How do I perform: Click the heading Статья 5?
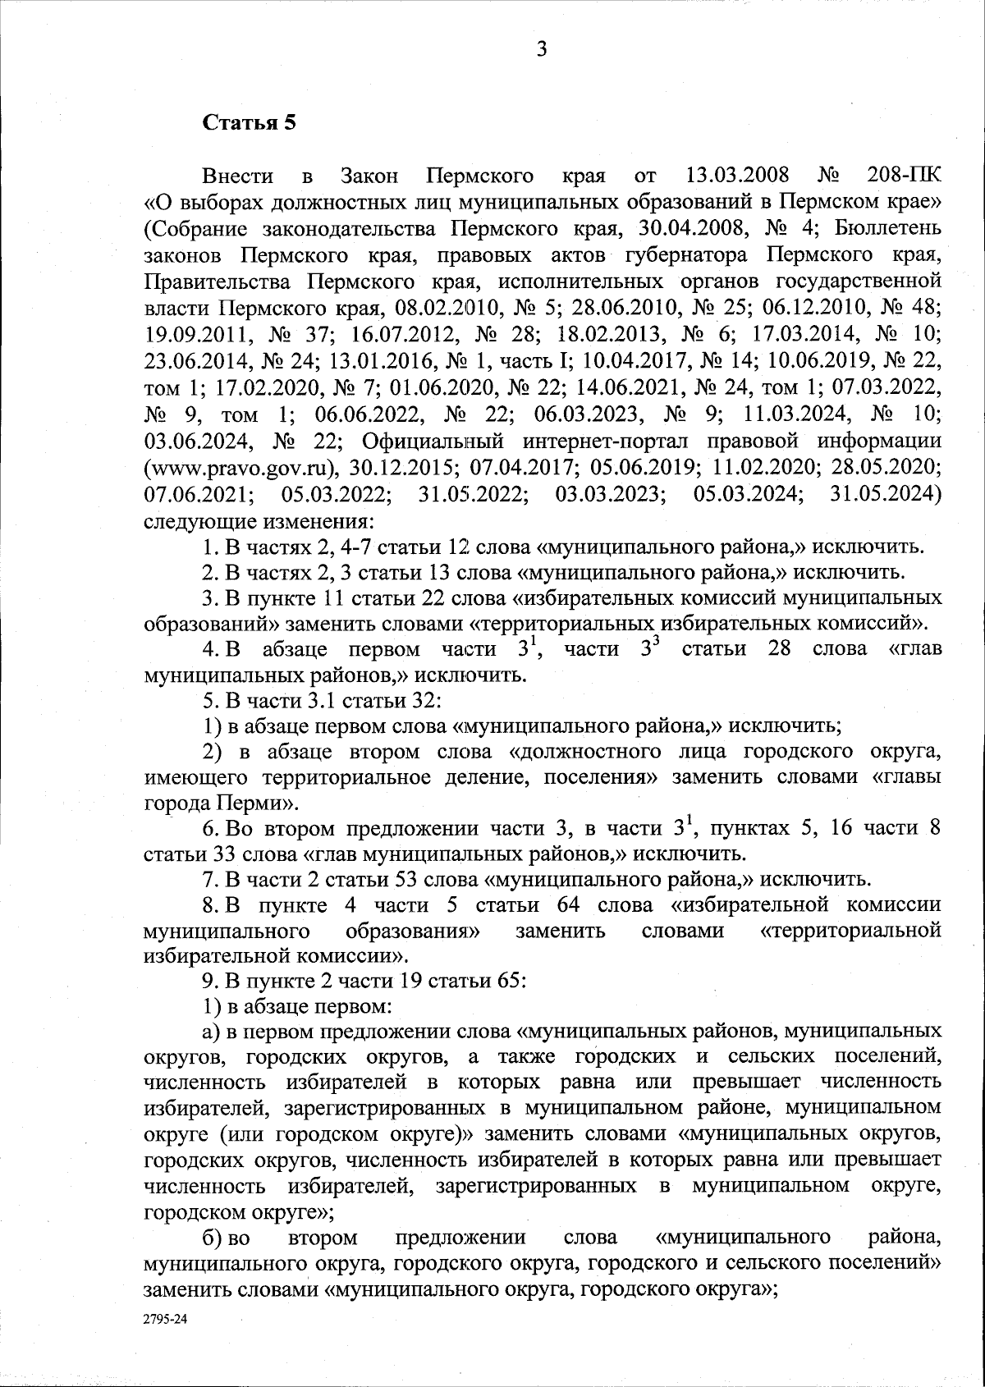pyautogui.click(x=248, y=123)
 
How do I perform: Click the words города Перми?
pyautogui.click(x=216, y=802)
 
